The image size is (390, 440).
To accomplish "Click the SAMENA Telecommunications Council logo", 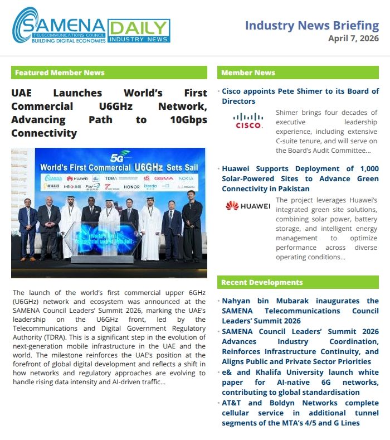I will coord(58,26).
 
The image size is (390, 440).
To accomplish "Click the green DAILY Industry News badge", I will coord(139,31).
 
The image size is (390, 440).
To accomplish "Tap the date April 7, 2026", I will coord(353,38).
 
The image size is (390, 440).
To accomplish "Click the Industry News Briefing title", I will coord(312,25).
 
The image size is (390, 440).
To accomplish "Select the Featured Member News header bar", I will coord(109,72).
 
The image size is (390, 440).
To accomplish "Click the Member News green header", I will coord(298,72).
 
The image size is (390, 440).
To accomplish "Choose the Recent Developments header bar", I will coord(298,282).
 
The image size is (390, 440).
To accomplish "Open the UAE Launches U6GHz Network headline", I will coord(109,113).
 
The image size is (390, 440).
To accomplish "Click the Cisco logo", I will coord(248,121).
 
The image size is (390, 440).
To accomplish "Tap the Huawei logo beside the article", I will coord(248,206).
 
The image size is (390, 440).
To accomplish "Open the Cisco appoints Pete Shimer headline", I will coord(300,96).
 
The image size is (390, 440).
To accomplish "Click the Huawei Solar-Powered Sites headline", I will coord(300,178).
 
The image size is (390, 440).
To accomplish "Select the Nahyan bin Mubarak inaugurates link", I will coord(300,311).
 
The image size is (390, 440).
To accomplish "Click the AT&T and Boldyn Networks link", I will coord(300,413).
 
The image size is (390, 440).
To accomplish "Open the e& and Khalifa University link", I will coord(300,382).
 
